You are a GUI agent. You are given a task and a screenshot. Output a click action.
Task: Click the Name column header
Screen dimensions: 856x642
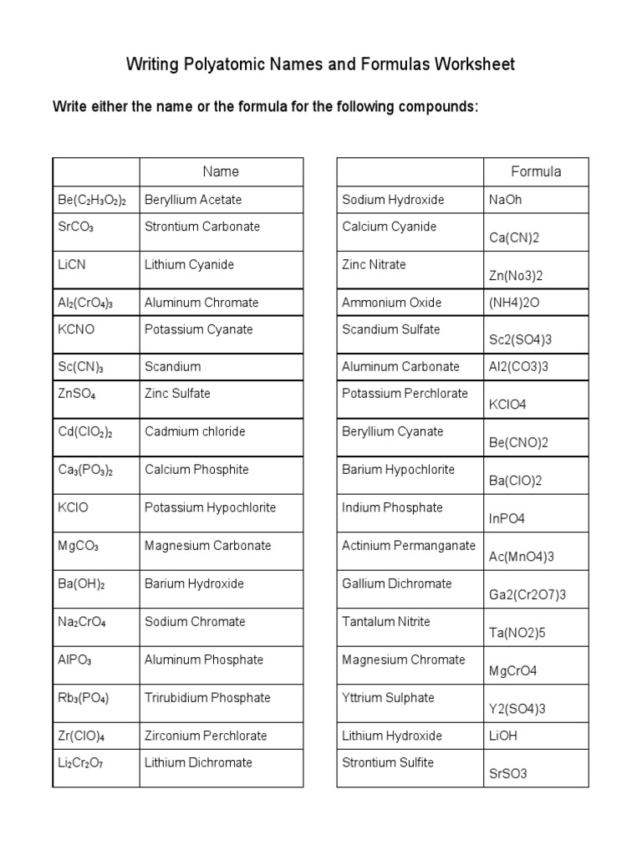tap(221, 171)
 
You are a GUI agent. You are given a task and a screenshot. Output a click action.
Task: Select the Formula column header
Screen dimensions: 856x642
tap(536, 171)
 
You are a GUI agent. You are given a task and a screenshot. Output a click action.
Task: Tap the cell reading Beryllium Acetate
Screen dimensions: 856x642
tap(193, 200)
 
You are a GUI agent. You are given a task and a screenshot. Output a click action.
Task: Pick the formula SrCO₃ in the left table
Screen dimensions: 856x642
tap(76, 227)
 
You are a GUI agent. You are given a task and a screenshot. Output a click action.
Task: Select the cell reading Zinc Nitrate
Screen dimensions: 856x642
tap(374, 265)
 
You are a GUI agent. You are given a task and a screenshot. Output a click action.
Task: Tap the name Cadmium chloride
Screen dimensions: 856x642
tap(195, 432)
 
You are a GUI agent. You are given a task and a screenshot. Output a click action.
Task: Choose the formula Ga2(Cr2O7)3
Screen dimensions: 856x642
tap(527, 594)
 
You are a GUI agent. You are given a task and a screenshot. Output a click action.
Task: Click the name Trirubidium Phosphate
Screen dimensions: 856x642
tap(207, 698)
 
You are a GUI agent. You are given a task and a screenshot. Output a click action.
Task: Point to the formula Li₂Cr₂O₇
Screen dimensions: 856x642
tap(81, 762)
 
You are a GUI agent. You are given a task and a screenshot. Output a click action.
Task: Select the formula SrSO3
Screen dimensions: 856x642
tap(508, 773)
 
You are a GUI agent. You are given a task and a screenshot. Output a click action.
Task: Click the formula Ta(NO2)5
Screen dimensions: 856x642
tap(517, 633)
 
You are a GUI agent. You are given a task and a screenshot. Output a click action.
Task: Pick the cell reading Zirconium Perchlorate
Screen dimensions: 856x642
tap(206, 736)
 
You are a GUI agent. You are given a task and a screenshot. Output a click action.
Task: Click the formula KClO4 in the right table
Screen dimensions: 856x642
tap(507, 405)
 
